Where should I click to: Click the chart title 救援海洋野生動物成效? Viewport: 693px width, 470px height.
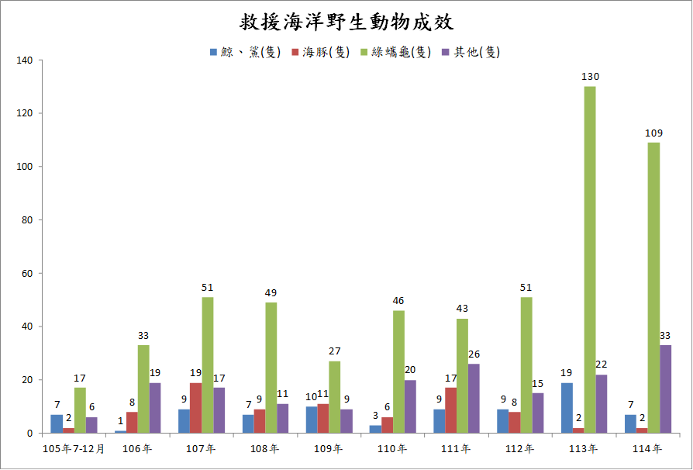346,21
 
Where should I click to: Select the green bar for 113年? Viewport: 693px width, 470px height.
590,260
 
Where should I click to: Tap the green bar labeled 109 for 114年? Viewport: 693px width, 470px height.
653,288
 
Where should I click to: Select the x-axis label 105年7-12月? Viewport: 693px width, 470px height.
74,449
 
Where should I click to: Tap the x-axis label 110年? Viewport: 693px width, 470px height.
392,449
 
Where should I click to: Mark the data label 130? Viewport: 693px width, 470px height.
590,77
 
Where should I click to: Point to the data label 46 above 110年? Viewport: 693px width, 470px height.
398,301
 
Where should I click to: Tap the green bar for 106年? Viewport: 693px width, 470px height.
144,389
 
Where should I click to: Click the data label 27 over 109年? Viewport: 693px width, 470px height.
335,351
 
